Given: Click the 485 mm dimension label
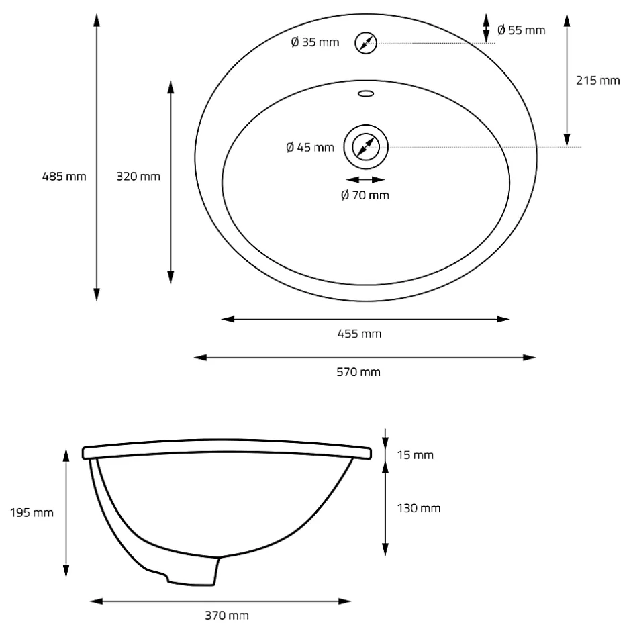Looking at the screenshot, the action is pos(64,177).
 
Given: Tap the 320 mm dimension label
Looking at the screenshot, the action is pos(138,177).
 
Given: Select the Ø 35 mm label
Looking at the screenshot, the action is pos(315,42).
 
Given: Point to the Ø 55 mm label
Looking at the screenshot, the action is pos(521,30).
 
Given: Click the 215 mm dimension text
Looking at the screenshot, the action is pos(597,81).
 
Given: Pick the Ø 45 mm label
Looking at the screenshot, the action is pos(310,147).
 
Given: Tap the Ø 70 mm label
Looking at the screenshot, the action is pos(365,195).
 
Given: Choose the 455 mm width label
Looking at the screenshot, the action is pos(359,334).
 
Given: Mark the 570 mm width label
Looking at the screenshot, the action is pos(358,372).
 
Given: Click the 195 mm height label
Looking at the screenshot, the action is pos(32,513).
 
